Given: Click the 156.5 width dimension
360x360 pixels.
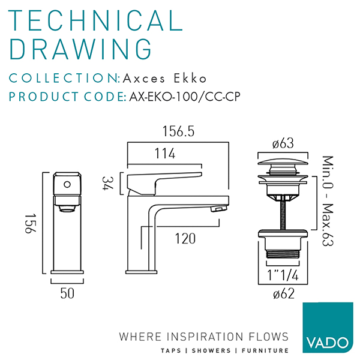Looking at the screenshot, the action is (x=178, y=131).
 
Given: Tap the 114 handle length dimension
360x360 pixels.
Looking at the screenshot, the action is (x=165, y=154).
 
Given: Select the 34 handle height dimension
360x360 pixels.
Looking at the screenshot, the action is (x=107, y=183).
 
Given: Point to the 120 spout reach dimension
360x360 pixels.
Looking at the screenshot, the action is (x=185, y=239).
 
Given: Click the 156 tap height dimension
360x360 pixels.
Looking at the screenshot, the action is (x=31, y=223).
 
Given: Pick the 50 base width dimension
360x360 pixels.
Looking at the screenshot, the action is (x=67, y=293).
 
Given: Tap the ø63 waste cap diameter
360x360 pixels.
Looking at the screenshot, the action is (x=283, y=143).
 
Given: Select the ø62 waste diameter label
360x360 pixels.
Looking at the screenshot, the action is (x=284, y=293).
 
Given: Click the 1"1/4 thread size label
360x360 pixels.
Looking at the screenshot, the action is (x=283, y=275).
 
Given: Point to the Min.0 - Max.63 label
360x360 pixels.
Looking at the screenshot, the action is (x=328, y=201).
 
